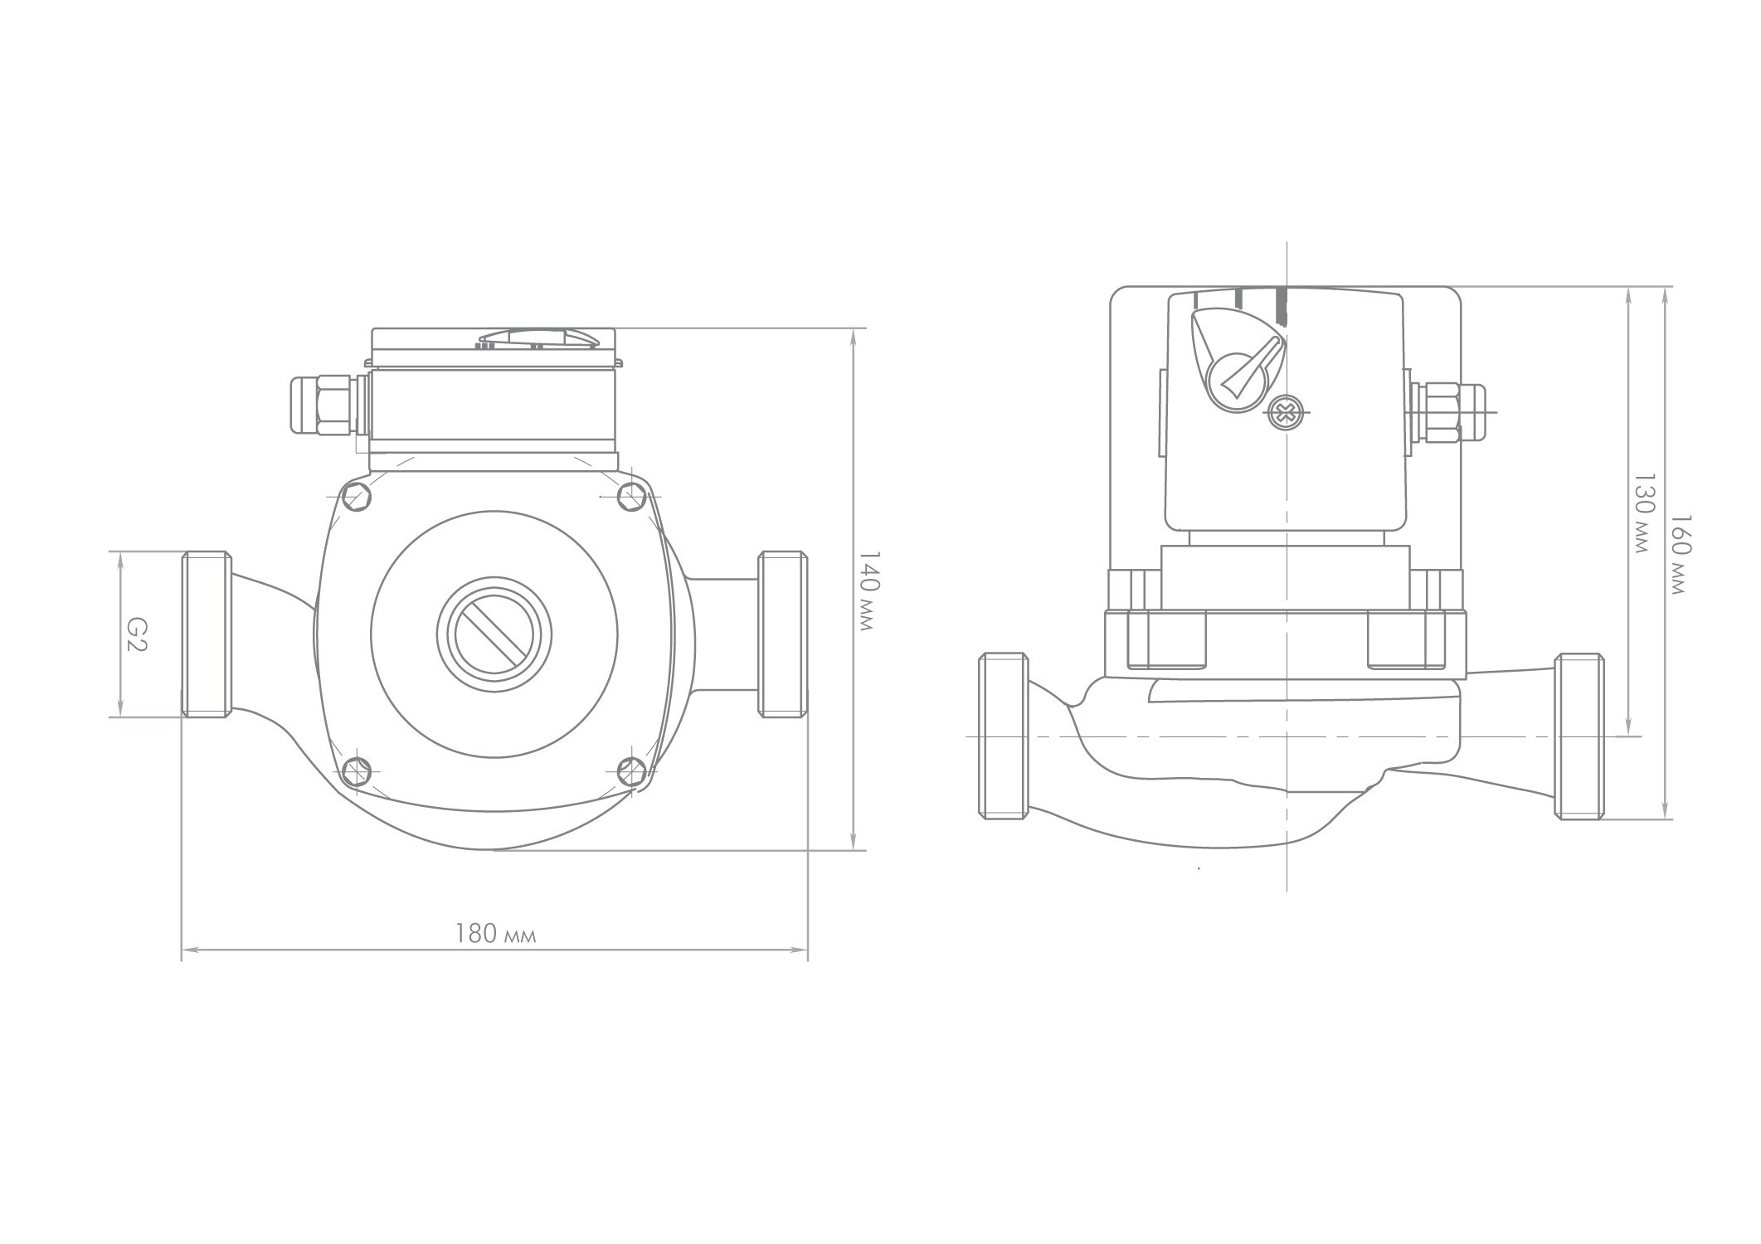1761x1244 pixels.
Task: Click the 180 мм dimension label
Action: coord(495,935)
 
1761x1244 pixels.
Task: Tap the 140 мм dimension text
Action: coord(866,590)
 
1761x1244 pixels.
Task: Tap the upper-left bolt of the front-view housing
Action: coord(356,497)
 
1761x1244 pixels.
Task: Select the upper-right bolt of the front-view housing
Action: coord(633,497)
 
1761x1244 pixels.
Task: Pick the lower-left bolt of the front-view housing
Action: coord(356,771)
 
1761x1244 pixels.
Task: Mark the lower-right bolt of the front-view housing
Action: coord(633,771)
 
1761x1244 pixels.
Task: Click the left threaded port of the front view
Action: coord(206,634)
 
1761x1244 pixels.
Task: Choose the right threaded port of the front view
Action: coord(782,634)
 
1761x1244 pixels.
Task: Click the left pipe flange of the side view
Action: coord(1004,736)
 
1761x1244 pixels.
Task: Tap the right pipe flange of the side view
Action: coord(1579,736)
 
